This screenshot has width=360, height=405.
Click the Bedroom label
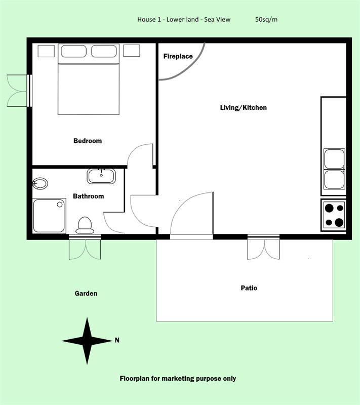[88, 141]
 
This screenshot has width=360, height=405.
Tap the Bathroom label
[88, 196]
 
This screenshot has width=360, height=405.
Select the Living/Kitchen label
[243, 107]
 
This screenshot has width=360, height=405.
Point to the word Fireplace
[178, 56]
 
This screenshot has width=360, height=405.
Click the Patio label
[249, 288]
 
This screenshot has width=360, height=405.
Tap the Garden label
[86, 294]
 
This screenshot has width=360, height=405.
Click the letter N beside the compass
[117, 340]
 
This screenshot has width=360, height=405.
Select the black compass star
[87, 341]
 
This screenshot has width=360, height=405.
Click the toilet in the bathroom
[85, 225]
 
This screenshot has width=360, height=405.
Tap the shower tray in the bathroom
[49, 216]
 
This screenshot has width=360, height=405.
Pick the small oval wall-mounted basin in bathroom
[40, 184]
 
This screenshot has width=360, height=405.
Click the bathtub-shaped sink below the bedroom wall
[101, 176]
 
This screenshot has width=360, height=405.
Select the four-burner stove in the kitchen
[334, 215]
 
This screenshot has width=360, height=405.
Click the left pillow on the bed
[73, 51]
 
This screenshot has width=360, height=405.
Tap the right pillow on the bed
[104, 51]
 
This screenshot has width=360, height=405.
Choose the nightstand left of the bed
[46, 51]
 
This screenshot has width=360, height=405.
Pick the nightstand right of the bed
[132, 51]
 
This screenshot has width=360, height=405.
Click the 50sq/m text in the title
[266, 19]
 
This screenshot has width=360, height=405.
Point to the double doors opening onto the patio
[263, 247]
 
